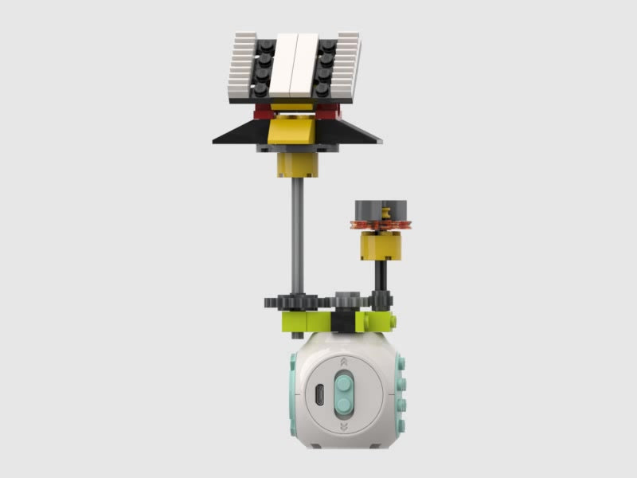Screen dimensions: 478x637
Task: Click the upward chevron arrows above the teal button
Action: [342, 362]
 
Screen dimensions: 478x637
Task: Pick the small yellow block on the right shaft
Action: [381, 247]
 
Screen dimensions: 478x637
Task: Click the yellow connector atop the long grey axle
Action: [295, 165]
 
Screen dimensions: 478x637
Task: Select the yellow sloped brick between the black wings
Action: [295, 131]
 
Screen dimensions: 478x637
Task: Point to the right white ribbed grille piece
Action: [350, 68]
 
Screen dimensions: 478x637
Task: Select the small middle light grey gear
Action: [347, 300]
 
